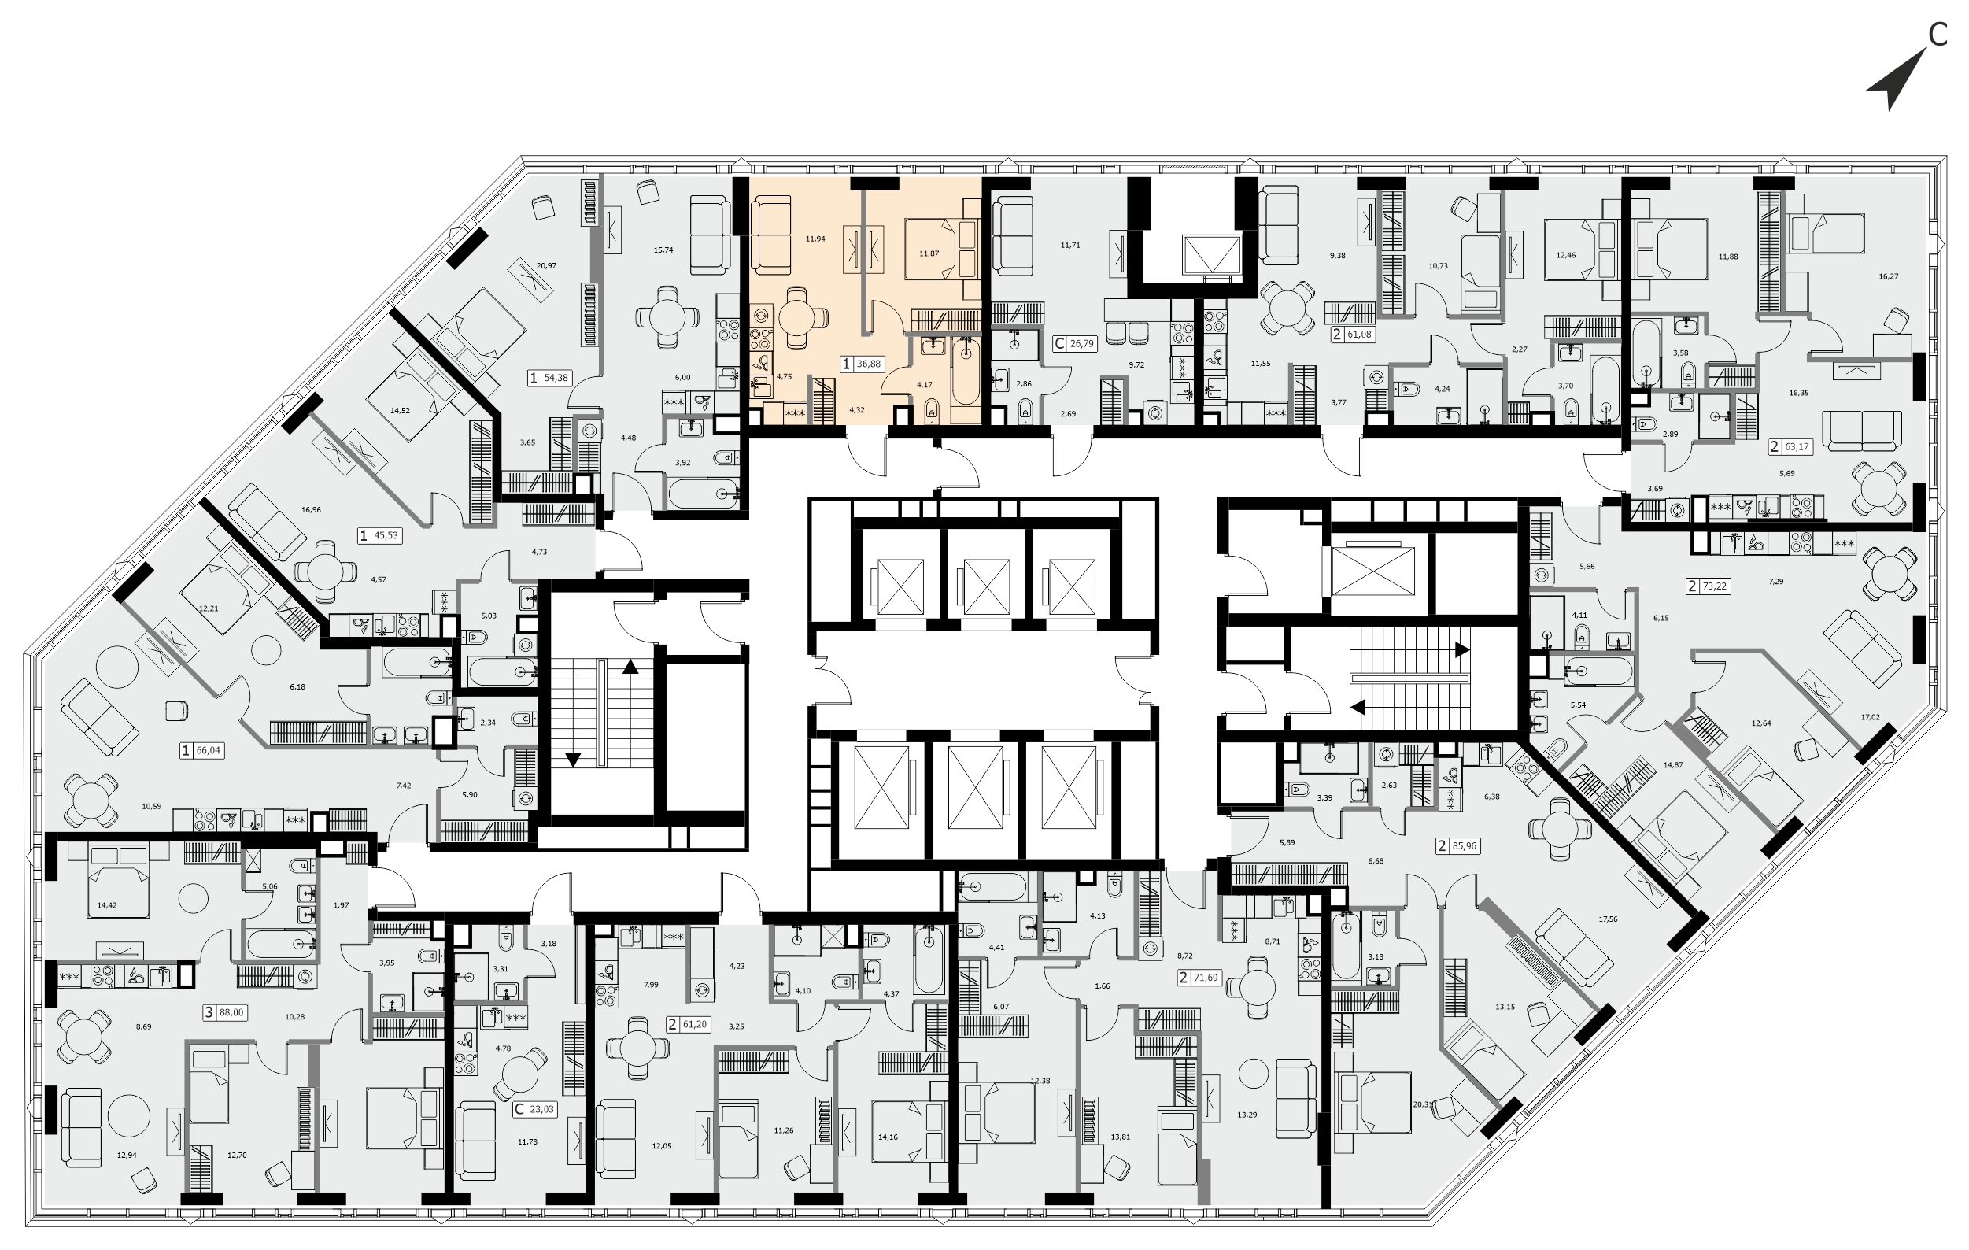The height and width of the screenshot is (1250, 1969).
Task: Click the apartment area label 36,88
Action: tap(868, 364)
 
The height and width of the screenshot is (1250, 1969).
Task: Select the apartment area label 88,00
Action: tap(231, 1013)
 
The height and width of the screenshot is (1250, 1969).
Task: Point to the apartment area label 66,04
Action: tap(209, 750)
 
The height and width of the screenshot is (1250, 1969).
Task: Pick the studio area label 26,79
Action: tap(1082, 343)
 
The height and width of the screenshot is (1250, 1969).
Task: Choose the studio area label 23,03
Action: tap(541, 1110)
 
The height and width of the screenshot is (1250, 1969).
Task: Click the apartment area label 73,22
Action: tap(1715, 586)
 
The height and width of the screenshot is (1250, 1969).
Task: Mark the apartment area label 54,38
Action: tap(556, 378)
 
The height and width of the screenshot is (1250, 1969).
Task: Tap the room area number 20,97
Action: tap(546, 266)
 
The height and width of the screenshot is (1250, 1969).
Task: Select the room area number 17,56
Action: tap(1608, 919)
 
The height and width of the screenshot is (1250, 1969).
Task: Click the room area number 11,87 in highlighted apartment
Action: tap(929, 253)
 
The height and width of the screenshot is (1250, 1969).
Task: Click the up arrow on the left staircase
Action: tap(630, 666)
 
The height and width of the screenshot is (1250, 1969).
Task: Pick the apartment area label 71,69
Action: tap(1206, 978)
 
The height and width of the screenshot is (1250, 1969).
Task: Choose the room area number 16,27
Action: tap(1889, 276)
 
